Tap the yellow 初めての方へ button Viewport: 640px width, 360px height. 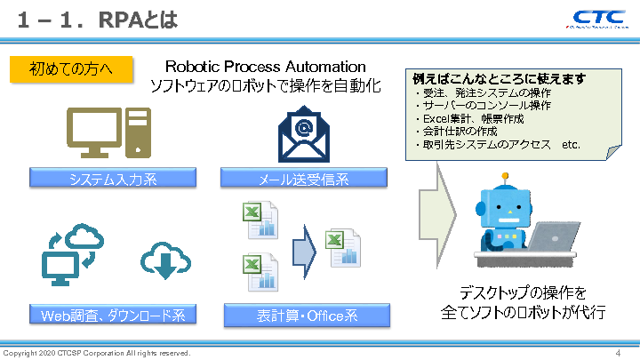[x=70, y=68]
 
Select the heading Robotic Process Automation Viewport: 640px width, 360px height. [x=265, y=67]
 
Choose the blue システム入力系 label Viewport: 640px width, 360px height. [x=112, y=180]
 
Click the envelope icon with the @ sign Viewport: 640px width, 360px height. [x=304, y=133]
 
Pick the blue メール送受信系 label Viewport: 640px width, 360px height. [x=304, y=180]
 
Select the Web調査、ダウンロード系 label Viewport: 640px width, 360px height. [x=112, y=316]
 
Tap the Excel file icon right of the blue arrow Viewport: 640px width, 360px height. [x=343, y=248]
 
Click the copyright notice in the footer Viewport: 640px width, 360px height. [x=97, y=353]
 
